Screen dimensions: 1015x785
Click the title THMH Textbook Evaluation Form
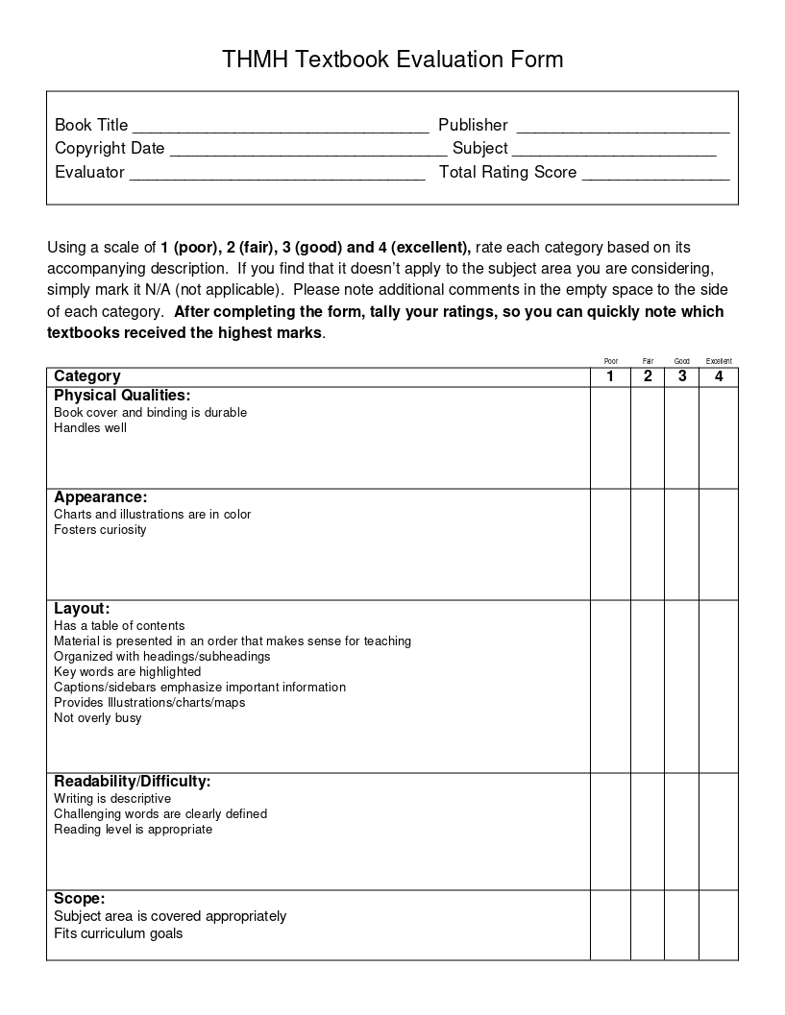click(x=392, y=60)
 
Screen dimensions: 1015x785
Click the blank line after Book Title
click(x=280, y=127)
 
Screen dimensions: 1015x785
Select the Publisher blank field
click(x=623, y=127)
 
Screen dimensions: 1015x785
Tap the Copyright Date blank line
click(x=307, y=150)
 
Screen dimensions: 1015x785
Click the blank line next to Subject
click(x=614, y=150)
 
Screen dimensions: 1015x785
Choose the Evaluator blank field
click(x=277, y=174)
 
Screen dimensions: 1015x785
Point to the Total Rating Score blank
click(x=655, y=174)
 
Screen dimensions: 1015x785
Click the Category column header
click(x=87, y=376)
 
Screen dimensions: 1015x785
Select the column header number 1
click(x=610, y=376)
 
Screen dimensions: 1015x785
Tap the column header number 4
click(x=719, y=376)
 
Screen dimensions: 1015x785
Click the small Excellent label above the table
click(x=719, y=361)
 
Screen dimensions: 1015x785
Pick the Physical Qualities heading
click(x=122, y=396)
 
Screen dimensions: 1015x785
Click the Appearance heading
click(x=100, y=497)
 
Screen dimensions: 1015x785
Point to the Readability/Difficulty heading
click(x=132, y=782)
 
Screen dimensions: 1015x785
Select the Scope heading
click(x=79, y=899)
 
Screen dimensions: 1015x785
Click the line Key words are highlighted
click(x=127, y=672)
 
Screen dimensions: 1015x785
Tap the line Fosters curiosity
click(x=100, y=530)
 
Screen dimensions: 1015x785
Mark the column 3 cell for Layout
click(x=682, y=686)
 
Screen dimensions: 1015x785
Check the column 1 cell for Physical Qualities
click(x=610, y=437)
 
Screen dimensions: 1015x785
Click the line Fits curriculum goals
click(x=118, y=933)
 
